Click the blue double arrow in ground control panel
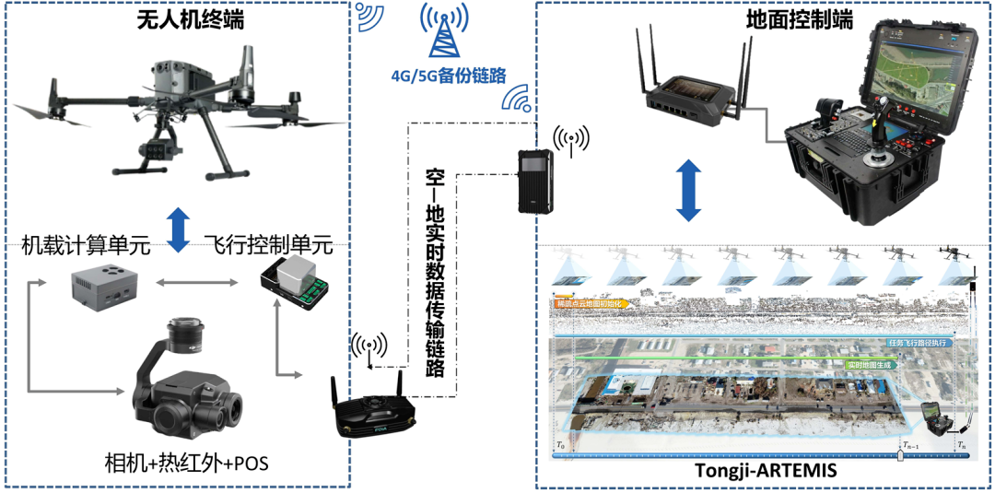[x=687, y=191]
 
